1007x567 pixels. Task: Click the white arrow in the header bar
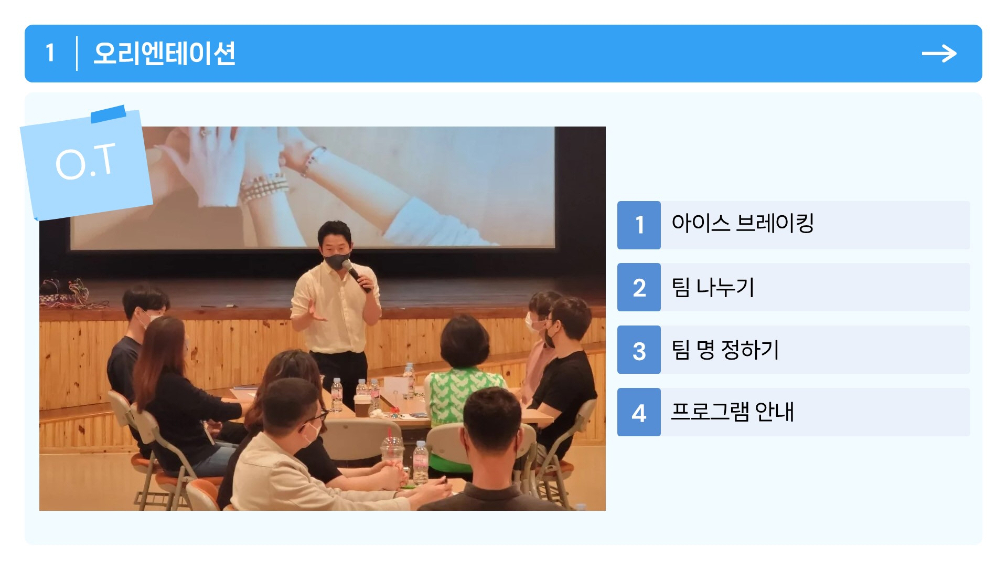939,54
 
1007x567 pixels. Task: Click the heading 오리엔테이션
164,54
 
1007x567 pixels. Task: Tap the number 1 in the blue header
50,53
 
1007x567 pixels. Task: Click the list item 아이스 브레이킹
743,224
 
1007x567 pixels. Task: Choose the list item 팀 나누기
713,287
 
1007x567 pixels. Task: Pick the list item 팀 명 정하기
725,350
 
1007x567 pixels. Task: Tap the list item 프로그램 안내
733,412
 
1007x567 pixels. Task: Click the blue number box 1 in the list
639,225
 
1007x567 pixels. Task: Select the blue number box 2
639,287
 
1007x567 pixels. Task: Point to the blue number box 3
639,350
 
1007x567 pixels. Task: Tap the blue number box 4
639,412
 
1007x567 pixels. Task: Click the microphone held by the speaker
356,274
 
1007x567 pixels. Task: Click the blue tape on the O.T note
109,113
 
